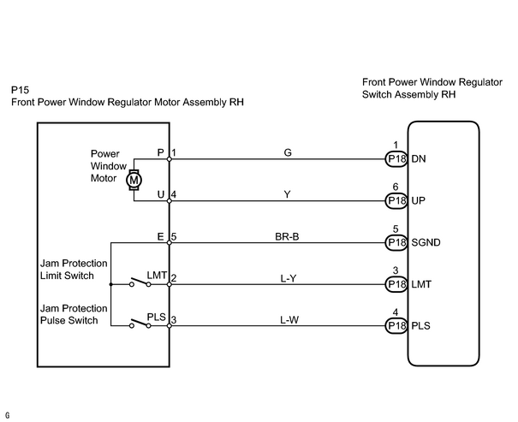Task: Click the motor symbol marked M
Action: [134, 180]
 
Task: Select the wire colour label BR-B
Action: [287, 237]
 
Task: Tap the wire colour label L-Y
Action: [289, 279]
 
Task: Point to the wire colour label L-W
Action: [289, 320]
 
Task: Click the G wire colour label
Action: [288, 152]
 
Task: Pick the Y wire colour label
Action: [288, 194]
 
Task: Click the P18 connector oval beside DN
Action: [396, 159]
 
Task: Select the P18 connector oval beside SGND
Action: [396, 243]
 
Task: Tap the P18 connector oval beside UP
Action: [396, 201]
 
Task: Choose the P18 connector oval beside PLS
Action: [396, 326]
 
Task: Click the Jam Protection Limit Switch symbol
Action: [140, 282]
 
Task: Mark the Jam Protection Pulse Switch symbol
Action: [140, 324]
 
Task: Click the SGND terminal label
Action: [426, 243]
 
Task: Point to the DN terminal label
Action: [419, 159]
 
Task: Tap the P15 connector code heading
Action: [21, 90]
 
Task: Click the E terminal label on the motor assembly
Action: [161, 237]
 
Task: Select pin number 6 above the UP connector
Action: [396, 187]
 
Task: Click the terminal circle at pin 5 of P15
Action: [170, 243]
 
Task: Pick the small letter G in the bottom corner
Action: [7, 415]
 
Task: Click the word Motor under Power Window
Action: [104, 178]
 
